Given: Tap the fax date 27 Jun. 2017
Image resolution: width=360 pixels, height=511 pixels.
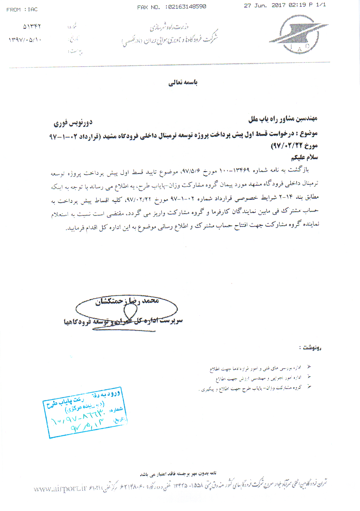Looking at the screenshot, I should [255, 5].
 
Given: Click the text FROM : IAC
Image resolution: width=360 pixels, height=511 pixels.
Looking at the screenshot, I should [22, 10].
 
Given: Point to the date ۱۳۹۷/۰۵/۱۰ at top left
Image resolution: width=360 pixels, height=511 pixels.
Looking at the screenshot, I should [25, 40].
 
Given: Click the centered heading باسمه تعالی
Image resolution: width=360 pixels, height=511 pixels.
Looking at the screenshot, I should [183, 83].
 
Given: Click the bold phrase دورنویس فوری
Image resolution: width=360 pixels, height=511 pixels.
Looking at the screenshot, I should [73, 123].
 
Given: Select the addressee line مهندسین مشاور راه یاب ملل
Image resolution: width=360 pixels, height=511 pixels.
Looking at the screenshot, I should [283, 119].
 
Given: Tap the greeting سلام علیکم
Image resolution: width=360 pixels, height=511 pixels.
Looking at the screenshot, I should [304, 158].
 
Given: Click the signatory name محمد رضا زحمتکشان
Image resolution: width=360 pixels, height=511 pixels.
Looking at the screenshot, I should [127, 301].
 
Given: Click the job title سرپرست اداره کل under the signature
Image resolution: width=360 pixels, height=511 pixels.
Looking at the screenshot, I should [158, 321].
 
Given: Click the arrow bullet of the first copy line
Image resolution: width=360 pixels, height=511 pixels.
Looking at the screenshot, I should [309, 367].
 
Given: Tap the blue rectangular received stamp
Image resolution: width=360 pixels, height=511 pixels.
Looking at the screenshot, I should [85, 412].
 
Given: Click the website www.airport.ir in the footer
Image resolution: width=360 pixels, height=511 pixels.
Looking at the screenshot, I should [60, 489].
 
